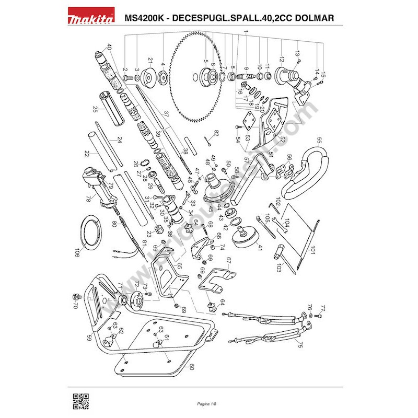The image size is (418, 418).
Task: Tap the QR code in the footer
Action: (80, 400)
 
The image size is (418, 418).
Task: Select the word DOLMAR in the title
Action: (313, 18)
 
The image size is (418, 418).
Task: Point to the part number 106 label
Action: (77, 252)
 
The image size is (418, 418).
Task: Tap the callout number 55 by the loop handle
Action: (320, 140)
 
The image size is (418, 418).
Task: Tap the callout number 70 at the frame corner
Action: (75, 304)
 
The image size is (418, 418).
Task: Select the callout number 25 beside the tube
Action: (96, 110)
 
